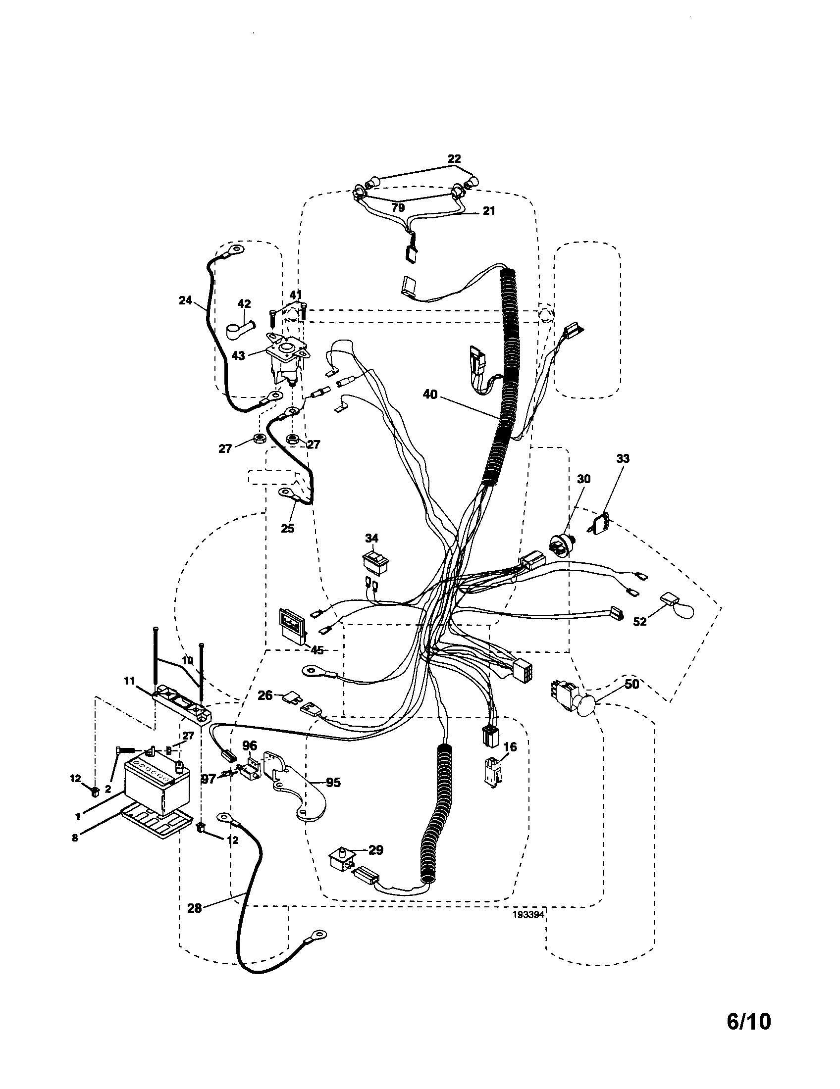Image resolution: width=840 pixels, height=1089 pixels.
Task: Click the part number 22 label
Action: pyautogui.click(x=454, y=159)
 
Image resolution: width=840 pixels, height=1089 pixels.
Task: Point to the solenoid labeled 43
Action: pyautogui.click(x=287, y=360)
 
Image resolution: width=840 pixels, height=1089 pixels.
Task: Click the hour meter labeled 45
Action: pyautogui.click(x=293, y=625)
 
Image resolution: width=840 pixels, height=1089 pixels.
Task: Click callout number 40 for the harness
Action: pyautogui.click(x=429, y=395)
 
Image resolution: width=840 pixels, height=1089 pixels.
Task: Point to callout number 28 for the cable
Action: pyautogui.click(x=194, y=908)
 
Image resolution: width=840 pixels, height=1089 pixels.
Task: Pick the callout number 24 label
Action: pyautogui.click(x=185, y=300)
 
